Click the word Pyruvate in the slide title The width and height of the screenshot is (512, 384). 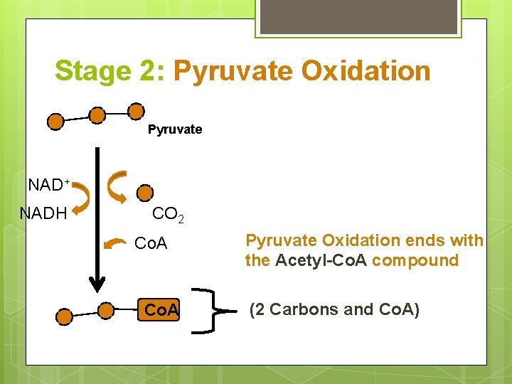[x=233, y=71]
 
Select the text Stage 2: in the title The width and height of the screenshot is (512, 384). [x=110, y=71]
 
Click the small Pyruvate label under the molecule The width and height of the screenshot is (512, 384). [x=175, y=129]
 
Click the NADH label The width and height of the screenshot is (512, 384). [x=43, y=213]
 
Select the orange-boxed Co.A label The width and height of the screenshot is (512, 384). [x=161, y=311]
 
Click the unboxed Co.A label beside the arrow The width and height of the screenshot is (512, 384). [x=151, y=244]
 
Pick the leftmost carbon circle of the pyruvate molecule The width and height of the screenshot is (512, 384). [x=55, y=122]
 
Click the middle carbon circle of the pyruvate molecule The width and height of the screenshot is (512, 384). [x=97, y=115]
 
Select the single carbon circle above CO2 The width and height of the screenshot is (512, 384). [x=144, y=193]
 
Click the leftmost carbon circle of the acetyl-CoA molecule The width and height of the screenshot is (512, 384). [x=64, y=316]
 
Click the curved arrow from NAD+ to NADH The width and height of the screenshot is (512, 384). [x=84, y=197]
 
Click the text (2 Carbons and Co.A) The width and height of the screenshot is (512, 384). [x=334, y=309]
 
